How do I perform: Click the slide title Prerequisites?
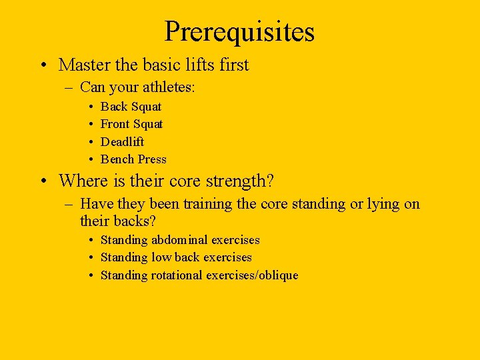click(239, 31)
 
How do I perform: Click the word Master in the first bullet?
click(81, 65)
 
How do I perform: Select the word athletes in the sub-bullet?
click(169, 87)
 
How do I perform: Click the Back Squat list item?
click(131, 107)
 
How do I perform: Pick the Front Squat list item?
click(131, 124)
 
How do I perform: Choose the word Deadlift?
click(122, 141)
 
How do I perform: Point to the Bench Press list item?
click(133, 159)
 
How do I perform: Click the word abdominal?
click(180, 240)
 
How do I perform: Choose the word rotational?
click(174, 275)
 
